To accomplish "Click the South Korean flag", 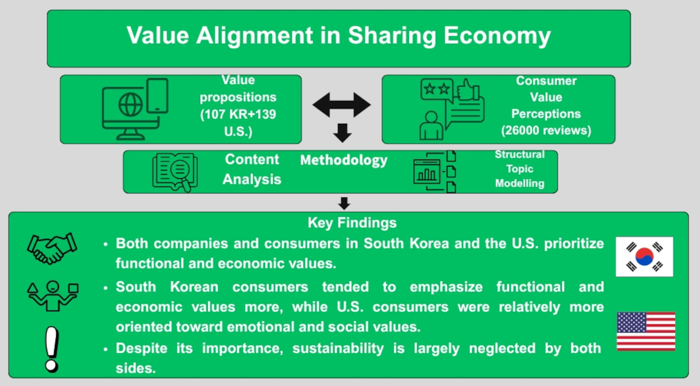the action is (x=645, y=257).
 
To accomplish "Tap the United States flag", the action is (x=646, y=331).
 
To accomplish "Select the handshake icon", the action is (x=52, y=249).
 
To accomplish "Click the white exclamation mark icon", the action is (x=52, y=349).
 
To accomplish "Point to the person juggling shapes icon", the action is (x=52, y=295).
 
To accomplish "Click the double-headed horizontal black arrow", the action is (x=342, y=105).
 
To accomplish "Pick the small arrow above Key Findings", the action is (x=344, y=203).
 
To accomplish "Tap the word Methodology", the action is (x=344, y=161).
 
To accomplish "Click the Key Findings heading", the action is (x=352, y=223).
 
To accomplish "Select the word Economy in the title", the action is (x=497, y=36).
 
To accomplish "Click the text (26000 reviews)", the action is (x=546, y=130).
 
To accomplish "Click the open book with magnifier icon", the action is (x=175, y=172).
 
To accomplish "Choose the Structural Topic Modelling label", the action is (x=520, y=169).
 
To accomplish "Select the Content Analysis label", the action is (x=252, y=169).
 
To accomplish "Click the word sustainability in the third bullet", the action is (x=338, y=349).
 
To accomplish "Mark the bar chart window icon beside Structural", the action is (x=427, y=172).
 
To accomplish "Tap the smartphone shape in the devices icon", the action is (x=157, y=96).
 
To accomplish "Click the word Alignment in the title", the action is (x=255, y=36).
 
